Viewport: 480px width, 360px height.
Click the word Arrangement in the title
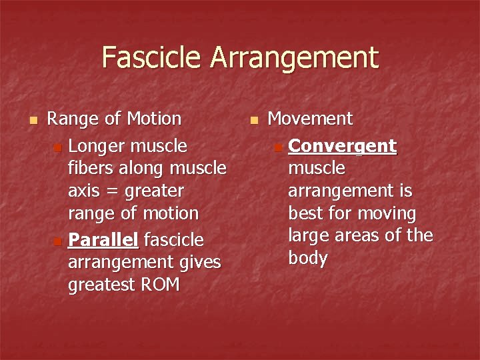click(x=295, y=59)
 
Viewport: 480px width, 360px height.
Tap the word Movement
click(x=310, y=119)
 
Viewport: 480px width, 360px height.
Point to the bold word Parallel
click(x=104, y=239)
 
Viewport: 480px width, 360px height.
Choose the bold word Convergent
click(x=343, y=146)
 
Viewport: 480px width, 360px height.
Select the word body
click(x=307, y=259)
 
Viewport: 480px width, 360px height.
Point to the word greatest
click(x=101, y=285)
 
